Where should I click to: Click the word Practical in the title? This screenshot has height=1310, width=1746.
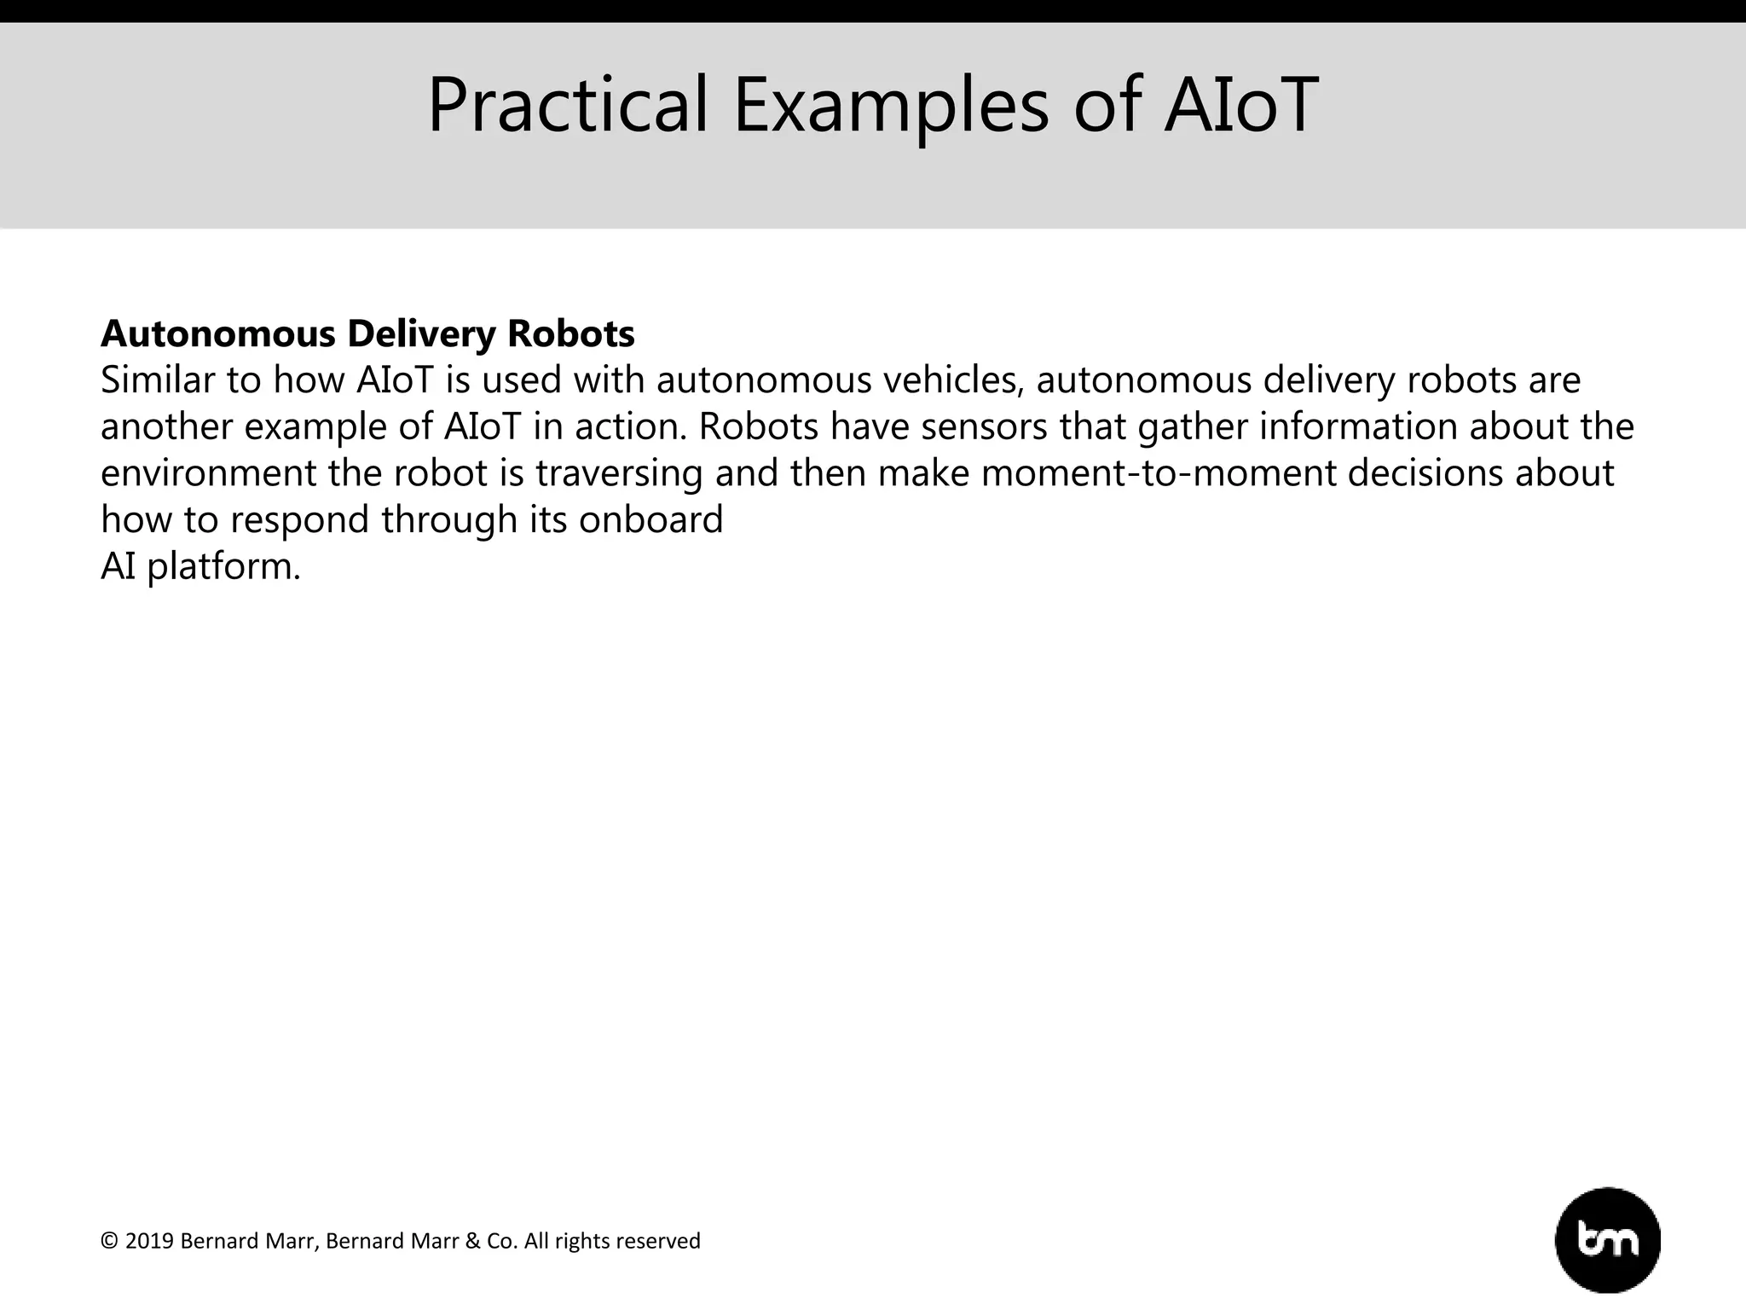tap(567, 106)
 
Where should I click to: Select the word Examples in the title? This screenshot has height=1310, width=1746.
tap(890, 106)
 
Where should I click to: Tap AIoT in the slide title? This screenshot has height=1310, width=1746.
tap(1240, 106)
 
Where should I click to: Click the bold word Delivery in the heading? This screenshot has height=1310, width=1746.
tap(420, 333)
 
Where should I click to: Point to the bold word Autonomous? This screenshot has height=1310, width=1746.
tap(218, 333)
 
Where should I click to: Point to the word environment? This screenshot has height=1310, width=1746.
tap(208, 473)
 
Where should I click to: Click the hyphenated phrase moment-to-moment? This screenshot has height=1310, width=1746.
tap(1158, 473)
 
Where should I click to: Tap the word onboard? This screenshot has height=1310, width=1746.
tap(650, 519)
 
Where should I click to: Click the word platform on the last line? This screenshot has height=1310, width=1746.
tap(223, 566)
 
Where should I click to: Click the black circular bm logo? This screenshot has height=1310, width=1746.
tap(1607, 1240)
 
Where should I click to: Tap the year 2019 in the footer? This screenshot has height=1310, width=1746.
tap(149, 1241)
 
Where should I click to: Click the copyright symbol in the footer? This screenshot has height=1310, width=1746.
tap(108, 1241)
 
